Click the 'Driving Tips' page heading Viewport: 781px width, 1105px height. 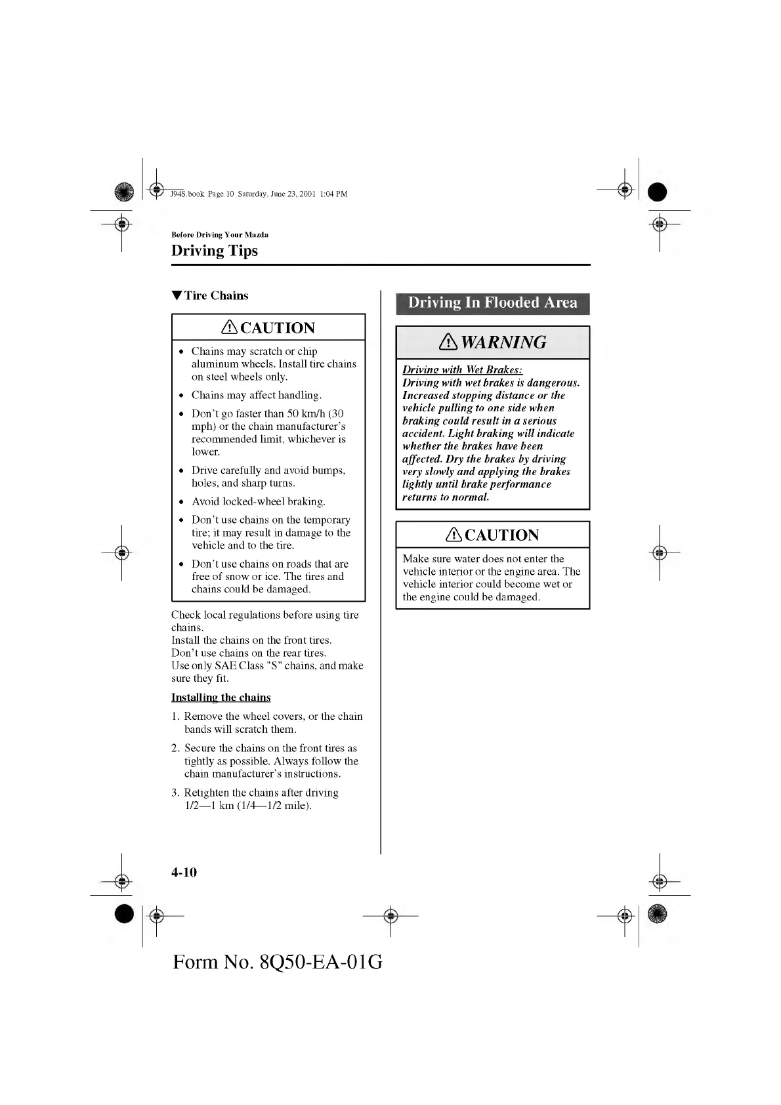[x=215, y=251]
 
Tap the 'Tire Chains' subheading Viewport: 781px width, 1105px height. [x=216, y=296]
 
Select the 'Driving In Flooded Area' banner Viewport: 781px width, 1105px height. [x=492, y=303]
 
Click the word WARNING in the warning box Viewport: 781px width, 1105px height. [x=503, y=343]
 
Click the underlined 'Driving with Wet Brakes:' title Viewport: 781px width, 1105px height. [x=462, y=370]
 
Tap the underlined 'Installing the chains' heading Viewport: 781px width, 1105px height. [x=221, y=698]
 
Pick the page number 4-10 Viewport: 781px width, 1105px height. [x=184, y=872]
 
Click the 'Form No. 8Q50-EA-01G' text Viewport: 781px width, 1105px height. [x=278, y=962]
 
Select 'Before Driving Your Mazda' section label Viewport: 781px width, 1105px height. [x=220, y=235]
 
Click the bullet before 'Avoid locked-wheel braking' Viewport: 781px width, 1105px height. [x=181, y=503]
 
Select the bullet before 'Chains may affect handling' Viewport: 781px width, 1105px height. [x=181, y=396]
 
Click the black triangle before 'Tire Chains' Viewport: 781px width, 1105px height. [x=176, y=296]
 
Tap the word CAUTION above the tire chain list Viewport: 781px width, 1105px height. [x=278, y=328]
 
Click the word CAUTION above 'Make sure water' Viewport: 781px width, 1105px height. [x=501, y=535]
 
